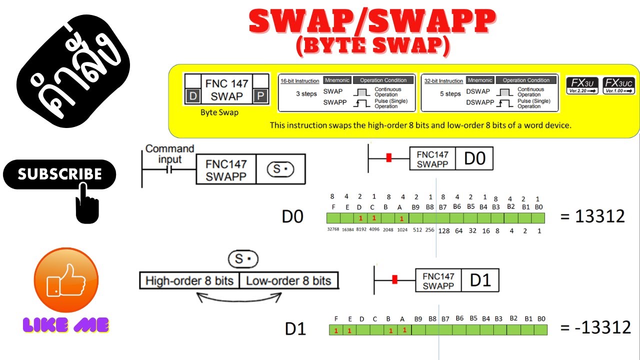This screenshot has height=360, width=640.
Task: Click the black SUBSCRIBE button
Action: [x=59, y=174]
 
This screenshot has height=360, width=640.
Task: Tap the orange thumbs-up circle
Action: [x=66, y=280]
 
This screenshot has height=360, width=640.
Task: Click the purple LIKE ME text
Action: [x=66, y=325]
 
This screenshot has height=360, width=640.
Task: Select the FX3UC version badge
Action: [x=618, y=85]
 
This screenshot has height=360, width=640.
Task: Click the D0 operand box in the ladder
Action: [x=474, y=159]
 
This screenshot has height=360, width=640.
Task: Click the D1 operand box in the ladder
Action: [x=480, y=280]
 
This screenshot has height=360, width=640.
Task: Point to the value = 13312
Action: [x=592, y=216]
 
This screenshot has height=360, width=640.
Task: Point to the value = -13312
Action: [x=595, y=327]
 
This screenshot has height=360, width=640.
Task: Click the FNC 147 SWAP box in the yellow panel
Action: [x=226, y=89]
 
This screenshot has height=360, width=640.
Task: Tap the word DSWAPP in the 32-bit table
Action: [x=479, y=102]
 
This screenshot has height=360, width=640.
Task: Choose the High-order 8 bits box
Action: [x=189, y=281]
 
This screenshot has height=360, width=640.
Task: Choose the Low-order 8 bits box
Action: [x=288, y=281]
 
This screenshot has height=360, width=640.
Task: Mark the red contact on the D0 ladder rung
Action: [x=388, y=158]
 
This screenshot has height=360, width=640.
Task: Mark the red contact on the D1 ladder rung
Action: [x=394, y=279]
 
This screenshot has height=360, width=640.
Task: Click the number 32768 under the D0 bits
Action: [x=333, y=229]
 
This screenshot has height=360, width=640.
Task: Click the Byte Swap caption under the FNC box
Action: [x=219, y=112]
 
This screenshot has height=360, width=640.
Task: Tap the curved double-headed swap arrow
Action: [x=239, y=298]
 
